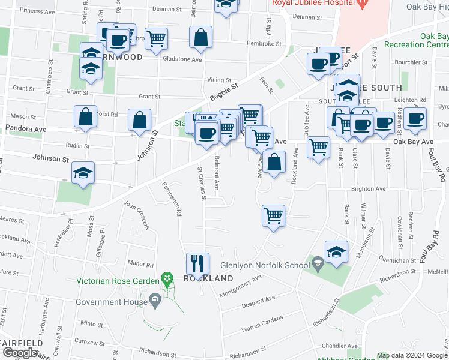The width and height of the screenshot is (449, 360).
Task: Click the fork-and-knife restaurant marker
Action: [197, 263]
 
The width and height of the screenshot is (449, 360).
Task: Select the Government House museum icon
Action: [155, 300]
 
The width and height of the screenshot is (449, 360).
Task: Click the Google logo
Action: [20, 353]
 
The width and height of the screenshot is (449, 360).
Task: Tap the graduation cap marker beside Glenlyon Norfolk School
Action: [336, 253]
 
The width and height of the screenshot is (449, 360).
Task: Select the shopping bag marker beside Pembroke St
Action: [200, 37]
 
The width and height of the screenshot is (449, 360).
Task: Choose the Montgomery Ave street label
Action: [241, 287]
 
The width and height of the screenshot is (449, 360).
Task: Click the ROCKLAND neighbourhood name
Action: [208, 279]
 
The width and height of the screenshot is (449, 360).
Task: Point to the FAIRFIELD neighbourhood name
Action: [21, 343]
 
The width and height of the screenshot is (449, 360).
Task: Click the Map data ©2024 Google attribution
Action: [412, 355]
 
